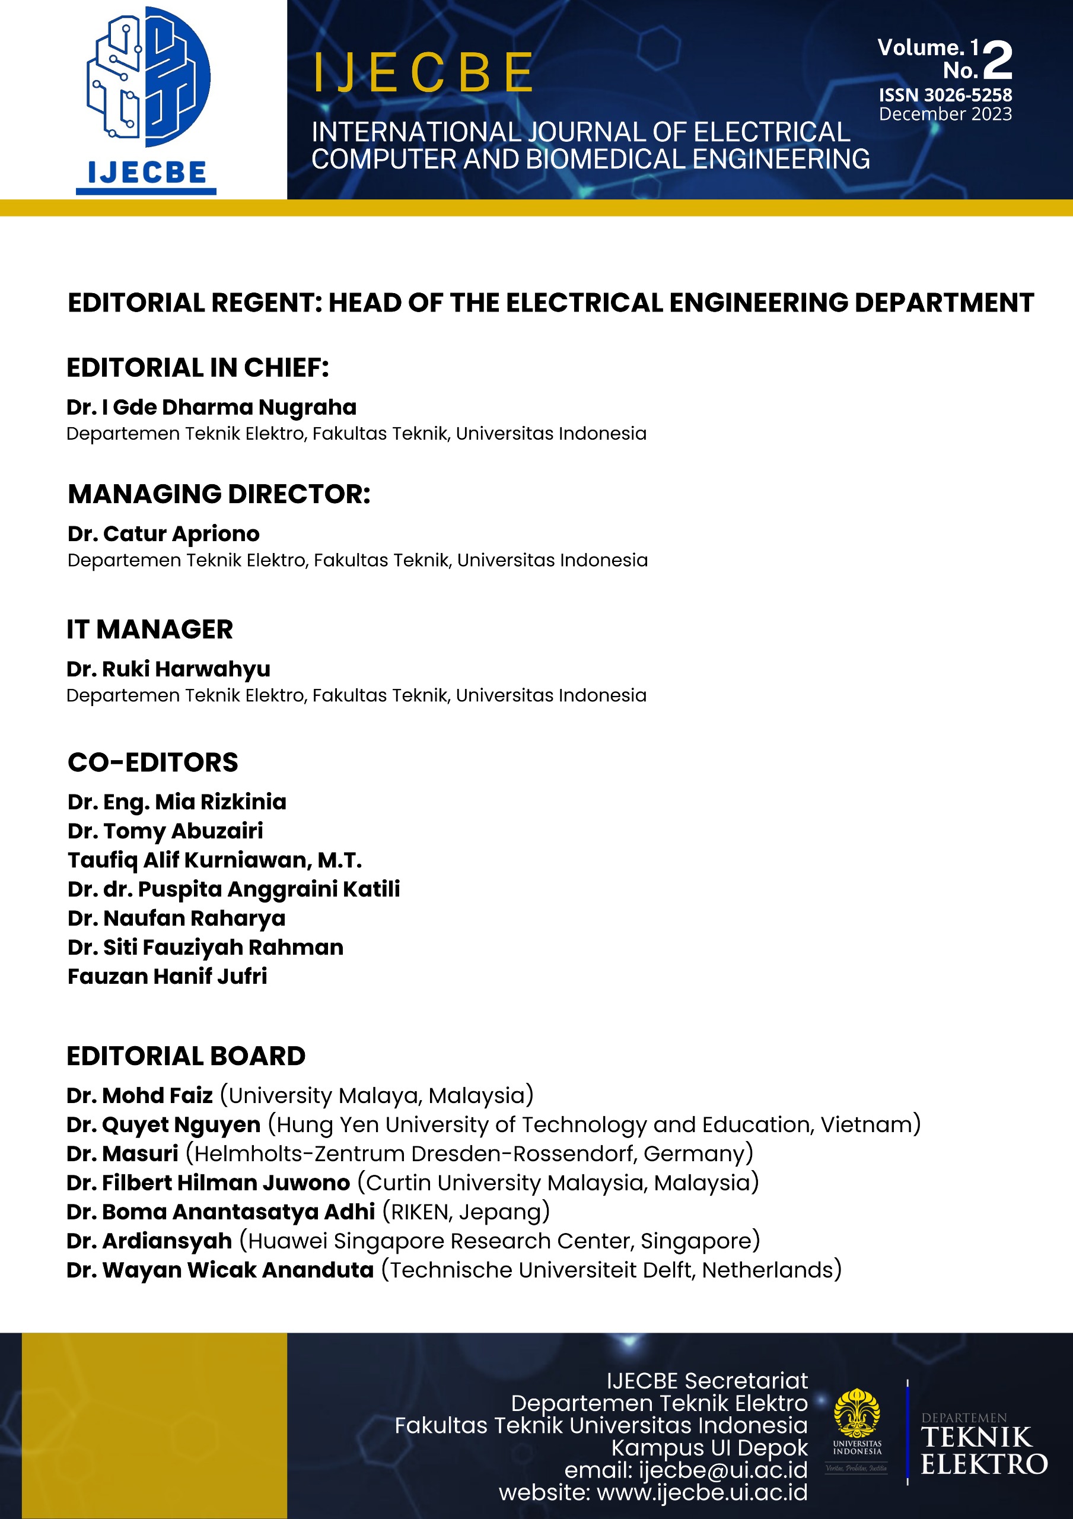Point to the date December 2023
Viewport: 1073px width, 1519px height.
pyautogui.click(x=945, y=115)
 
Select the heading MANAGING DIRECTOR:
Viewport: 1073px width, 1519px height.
pyautogui.click(x=219, y=494)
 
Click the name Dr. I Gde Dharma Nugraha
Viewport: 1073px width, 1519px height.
pyautogui.click(x=211, y=407)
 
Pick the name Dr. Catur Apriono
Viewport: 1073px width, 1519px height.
pyautogui.click(x=163, y=533)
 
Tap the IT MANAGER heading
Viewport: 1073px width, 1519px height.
pyautogui.click(x=149, y=629)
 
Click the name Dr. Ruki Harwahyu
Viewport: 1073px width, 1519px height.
pyautogui.click(x=168, y=669)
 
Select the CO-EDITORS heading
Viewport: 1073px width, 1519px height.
pyautogui.click(x=153, y=762)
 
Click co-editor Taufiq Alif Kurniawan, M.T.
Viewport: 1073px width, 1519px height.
pyautogui.click(x=214, y=859)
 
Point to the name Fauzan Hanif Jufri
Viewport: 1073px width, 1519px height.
pyautogui.click(x=167, y=976)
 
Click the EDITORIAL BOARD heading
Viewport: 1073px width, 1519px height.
pyautogui.click(x=186, y=1056)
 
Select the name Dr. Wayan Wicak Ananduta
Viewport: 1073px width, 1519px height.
pyautogui.click(x=220, y=1270)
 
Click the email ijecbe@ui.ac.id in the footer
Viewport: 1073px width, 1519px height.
pyautogui.click(x=722, y=1469)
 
